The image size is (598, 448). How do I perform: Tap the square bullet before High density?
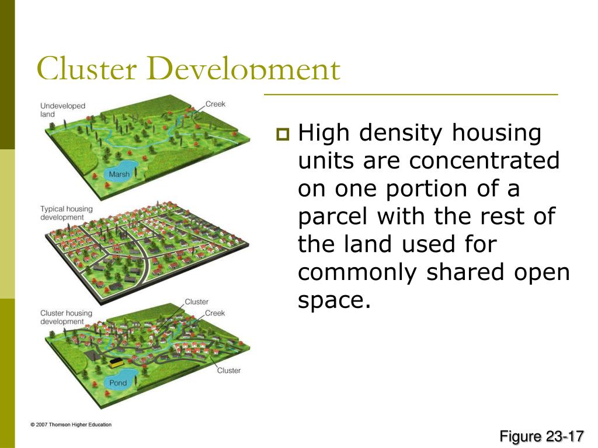[283, 135]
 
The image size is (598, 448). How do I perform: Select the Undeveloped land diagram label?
[62, 110]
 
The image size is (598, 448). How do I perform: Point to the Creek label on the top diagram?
[215, 104]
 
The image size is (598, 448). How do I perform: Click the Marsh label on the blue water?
[119, 174]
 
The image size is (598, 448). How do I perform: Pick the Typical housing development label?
[66, 213]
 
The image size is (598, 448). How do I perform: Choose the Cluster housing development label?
[66, 317]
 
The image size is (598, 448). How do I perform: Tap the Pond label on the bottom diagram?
[118, 383]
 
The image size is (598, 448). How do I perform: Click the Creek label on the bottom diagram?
[215, 313]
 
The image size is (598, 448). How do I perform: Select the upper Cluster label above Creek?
[196, 302]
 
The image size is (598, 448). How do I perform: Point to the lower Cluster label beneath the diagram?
[228, 370]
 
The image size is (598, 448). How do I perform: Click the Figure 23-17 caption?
[541, 436]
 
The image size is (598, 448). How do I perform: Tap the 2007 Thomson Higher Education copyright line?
[71, 425]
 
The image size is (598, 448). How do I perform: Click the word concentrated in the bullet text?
[484, 161]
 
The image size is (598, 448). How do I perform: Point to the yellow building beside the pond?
[117, 362]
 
